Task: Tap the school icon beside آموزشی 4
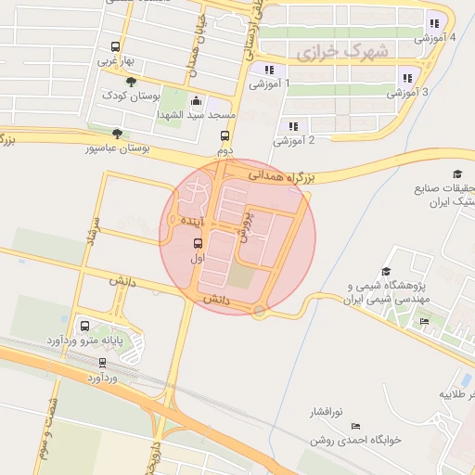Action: (x=433, y=24)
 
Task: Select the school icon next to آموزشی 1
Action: (x=268, y=70)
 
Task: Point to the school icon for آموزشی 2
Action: (x=292, y=126)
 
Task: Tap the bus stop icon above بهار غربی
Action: (x=116, y=46)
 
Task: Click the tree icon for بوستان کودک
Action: (x=130, y=82)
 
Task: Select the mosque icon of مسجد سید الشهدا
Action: (x=195, y=101)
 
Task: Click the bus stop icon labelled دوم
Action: (x=224, y=135)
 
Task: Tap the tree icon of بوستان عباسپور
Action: (x=116, y=134)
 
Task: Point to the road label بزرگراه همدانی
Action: (x=286, y=173)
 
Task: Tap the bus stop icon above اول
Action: (x=197, y=244)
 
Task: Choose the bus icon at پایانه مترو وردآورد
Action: (x=85, y=327)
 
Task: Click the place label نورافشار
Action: (x=325, y=409)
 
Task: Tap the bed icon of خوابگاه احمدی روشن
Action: (x=356, y=426)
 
